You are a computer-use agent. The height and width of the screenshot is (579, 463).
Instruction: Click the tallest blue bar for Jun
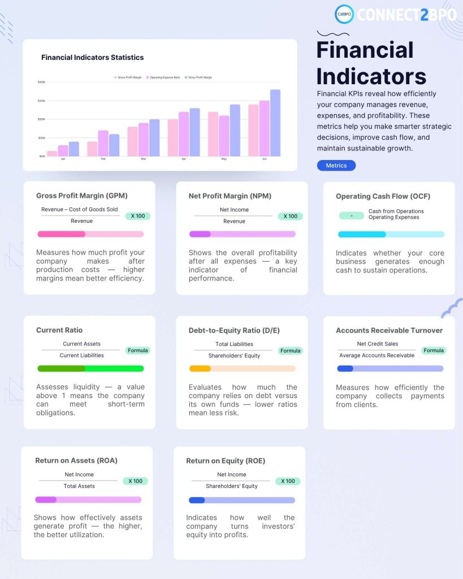coord(275,123)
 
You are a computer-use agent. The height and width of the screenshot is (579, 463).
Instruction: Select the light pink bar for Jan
coord(52,153)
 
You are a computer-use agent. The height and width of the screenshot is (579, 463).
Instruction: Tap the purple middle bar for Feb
coord(103,143)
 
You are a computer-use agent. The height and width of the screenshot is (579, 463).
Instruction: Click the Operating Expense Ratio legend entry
coord(163,77)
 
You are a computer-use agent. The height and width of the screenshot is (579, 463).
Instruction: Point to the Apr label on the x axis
coord(183,159)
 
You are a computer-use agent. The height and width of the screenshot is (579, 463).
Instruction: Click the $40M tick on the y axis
coord(41,82)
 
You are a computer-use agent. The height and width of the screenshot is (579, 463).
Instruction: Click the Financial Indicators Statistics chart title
coord(92,57)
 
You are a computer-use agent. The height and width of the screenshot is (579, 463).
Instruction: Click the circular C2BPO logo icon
coord(344,14)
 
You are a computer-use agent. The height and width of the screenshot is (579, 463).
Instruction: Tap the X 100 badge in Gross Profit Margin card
coord(137,216)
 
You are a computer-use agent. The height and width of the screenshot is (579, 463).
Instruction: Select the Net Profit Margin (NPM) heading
coord(230,196)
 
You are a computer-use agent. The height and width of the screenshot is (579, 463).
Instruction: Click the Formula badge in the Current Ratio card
coord(137,351)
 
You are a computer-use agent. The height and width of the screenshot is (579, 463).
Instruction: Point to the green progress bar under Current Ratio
coord(90,369)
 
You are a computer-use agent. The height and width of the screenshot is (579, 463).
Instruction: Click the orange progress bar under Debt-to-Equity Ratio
coord(200,369)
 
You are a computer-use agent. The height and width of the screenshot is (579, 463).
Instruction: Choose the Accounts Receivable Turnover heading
coord(389,331)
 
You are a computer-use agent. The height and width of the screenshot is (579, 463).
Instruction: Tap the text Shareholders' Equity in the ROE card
coord(232,486)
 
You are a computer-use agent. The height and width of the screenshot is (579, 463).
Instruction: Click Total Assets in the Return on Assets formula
coord(79,486)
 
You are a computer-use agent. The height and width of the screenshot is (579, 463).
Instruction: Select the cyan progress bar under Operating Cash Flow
coord(362,234)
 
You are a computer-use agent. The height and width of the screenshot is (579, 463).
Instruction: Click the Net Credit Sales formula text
coord(377,344)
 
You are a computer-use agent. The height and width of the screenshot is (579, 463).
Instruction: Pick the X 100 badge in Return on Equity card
coord(288,481)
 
